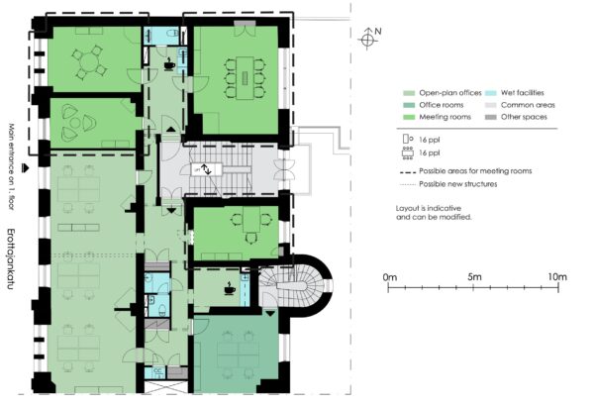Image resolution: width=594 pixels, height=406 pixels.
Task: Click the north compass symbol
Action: coord(367,39)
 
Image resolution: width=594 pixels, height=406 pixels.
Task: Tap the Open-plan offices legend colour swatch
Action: coord(409,93)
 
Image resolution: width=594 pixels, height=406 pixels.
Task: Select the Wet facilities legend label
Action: coord(522,93)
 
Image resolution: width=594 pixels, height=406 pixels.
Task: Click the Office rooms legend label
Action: coord(441,105)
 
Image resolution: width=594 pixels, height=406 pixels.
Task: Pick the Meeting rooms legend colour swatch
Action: coord(409,117)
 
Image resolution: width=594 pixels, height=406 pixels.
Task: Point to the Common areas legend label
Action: coord(528,105)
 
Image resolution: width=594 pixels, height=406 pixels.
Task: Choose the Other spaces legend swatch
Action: coord(491,117)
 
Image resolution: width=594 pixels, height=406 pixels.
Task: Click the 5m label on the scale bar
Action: coord(474,277)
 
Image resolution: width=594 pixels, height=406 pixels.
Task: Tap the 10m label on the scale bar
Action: coord(557,277)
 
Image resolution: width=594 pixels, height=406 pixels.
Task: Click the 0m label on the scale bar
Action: coord(390,277)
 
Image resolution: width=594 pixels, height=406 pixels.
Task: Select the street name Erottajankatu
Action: coord(11,259)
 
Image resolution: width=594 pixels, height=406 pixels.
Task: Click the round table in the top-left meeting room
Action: coord(89,61)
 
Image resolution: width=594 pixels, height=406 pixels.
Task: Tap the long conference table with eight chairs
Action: coord(245,78)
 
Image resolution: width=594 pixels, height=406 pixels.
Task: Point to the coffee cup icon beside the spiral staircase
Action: coord(230,288)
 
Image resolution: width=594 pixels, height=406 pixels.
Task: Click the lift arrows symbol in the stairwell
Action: coord(207,169)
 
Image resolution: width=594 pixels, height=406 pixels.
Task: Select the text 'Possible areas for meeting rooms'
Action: coord(475,171)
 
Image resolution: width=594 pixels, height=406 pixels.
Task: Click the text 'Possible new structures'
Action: coord(458,184)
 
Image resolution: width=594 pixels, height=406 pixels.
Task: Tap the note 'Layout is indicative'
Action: coord(429,208)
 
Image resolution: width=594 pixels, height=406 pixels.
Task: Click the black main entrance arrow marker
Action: coord(26,168)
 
